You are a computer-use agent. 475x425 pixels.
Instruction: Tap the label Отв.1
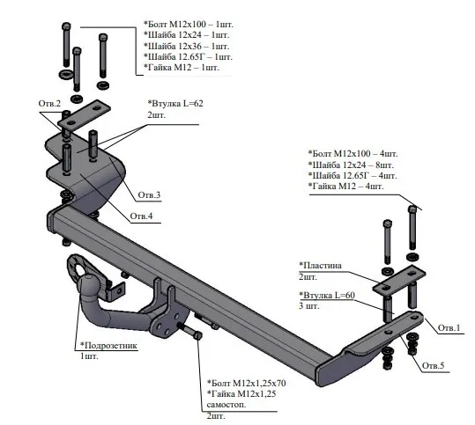coord(449,327)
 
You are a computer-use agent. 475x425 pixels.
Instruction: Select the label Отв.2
coord(49,104)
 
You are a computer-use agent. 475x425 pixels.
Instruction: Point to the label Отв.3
coord(149,194)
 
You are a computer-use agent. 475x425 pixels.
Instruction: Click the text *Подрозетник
coord(108,346)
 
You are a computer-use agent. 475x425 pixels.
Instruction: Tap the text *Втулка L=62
coord(175,104)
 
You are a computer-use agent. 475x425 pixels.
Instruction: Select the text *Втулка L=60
coord(327,295)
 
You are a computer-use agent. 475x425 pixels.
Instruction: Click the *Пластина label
coord(320,265)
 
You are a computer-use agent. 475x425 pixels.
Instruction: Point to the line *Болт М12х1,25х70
coord(246,384)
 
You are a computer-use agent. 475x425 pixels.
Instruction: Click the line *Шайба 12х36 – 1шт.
coord(186,46)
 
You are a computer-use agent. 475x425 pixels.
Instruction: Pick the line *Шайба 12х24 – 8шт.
coord(351,165)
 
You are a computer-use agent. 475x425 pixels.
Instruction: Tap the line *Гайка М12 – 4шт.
coord(345,186)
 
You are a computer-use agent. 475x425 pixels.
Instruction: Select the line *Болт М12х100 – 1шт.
coord(189,25)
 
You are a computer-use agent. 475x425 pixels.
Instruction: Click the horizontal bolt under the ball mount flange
coord(190,331)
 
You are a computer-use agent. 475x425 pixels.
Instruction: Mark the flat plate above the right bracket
coord(399,280)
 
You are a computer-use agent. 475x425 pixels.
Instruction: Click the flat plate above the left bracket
coord(84,116)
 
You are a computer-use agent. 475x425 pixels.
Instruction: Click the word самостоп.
coord(226,405)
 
